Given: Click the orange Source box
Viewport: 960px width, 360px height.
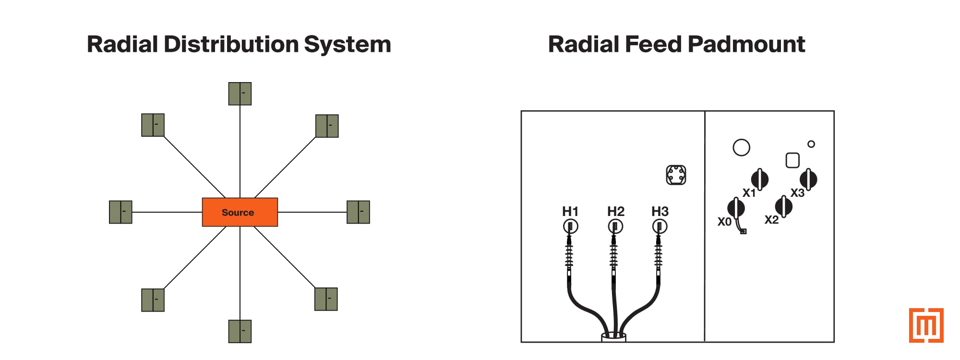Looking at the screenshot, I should (x=240, y=212).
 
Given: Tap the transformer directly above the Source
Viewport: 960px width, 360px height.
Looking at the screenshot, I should (x=240, y=94).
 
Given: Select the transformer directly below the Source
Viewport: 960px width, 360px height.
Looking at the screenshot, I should (x=240, y=331).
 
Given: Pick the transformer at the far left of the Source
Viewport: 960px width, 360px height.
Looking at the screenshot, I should (x=120, y=212).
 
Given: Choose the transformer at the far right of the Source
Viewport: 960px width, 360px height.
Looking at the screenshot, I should (x=358, y=212).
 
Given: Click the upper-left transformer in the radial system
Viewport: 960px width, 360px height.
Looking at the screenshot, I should (x=153, y=125).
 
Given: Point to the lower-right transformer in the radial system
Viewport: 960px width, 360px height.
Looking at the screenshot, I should (x=326, y=299).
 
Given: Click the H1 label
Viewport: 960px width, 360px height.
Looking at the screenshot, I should (x=570, y=211).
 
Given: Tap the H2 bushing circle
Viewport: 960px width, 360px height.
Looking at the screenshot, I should (x=615, y=226).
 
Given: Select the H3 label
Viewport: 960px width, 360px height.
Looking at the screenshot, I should (x=660, y=211).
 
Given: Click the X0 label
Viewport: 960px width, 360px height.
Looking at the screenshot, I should (x=724, y=222).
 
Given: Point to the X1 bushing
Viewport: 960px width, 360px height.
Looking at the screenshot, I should (x=759, y=180).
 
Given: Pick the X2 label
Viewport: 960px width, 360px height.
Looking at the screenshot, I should (x=771, y=220).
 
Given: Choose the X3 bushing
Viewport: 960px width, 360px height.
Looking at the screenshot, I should (x=808, y=179).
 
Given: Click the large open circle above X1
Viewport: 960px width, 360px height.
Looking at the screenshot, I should (x=741, y=148).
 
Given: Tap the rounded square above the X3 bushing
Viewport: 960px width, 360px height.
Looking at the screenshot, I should (x=792, y=160).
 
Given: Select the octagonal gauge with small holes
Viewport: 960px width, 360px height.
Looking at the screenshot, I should (x=676, y=175).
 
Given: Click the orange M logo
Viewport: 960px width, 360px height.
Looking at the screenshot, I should (x=926, y=325).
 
